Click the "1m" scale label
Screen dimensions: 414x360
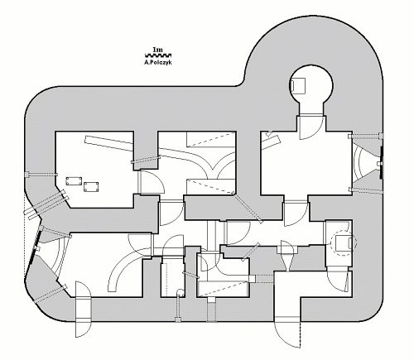coord(157,50)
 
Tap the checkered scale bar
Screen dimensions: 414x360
coord(158,55)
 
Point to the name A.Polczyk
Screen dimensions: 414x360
coord(158,62)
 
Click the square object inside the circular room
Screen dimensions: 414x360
coord(298,86)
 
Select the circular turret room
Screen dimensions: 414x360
coord(311,86)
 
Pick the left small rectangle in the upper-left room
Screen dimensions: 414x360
coord(74,181)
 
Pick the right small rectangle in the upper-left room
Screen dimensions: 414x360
coord(91,186)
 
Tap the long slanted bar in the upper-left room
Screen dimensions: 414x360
coord(109,143)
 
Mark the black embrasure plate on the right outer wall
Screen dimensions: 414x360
coord(381,163)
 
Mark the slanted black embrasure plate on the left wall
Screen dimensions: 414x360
coord(36,248)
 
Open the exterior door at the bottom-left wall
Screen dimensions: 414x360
coord(83,310)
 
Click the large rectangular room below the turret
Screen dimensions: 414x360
coord(306,163)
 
